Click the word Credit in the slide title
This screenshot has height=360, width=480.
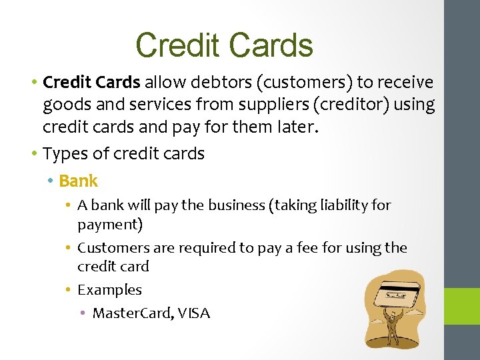(x=177, y=45)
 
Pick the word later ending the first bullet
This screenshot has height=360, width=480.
(x=298, y=127)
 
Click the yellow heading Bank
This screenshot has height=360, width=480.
(x=78, y=181)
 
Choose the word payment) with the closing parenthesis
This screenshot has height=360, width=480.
(x=110, y=224)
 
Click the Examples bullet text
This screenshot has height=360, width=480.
(x=109, y=290)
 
